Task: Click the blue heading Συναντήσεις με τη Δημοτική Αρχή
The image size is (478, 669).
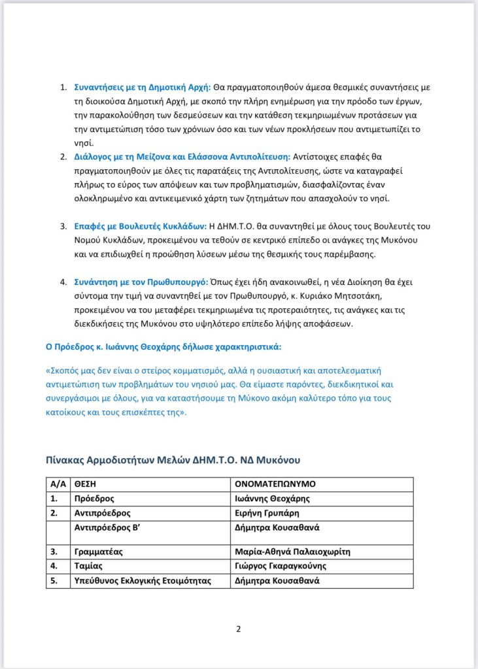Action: pyautogui.click(x=141, y=88)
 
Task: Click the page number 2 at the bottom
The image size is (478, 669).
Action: pyautogui.click(x=239, y=630)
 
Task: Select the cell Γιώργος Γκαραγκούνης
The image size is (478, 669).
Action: pyautogui.click(x=280, y=566)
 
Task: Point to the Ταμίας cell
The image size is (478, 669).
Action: pyautogui.click(x=88, y=566)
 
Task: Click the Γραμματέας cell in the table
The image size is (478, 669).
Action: pyautogui.click(x=97, y=552)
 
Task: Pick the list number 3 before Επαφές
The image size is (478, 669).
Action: pyautogui.click(x=64, y=226)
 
